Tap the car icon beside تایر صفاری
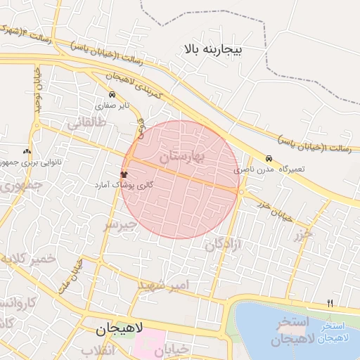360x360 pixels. (112, 94)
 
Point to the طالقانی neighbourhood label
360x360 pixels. (86, 124)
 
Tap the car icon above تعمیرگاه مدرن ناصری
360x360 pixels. (269, 158)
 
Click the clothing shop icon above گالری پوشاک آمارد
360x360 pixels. (124, 174)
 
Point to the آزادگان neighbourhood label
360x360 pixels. (223, 245)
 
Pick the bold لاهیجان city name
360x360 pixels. (120, 328)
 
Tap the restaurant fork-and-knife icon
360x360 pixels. (330, 303)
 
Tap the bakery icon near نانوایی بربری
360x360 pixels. (27, 150)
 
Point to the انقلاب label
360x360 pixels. (97, 350)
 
